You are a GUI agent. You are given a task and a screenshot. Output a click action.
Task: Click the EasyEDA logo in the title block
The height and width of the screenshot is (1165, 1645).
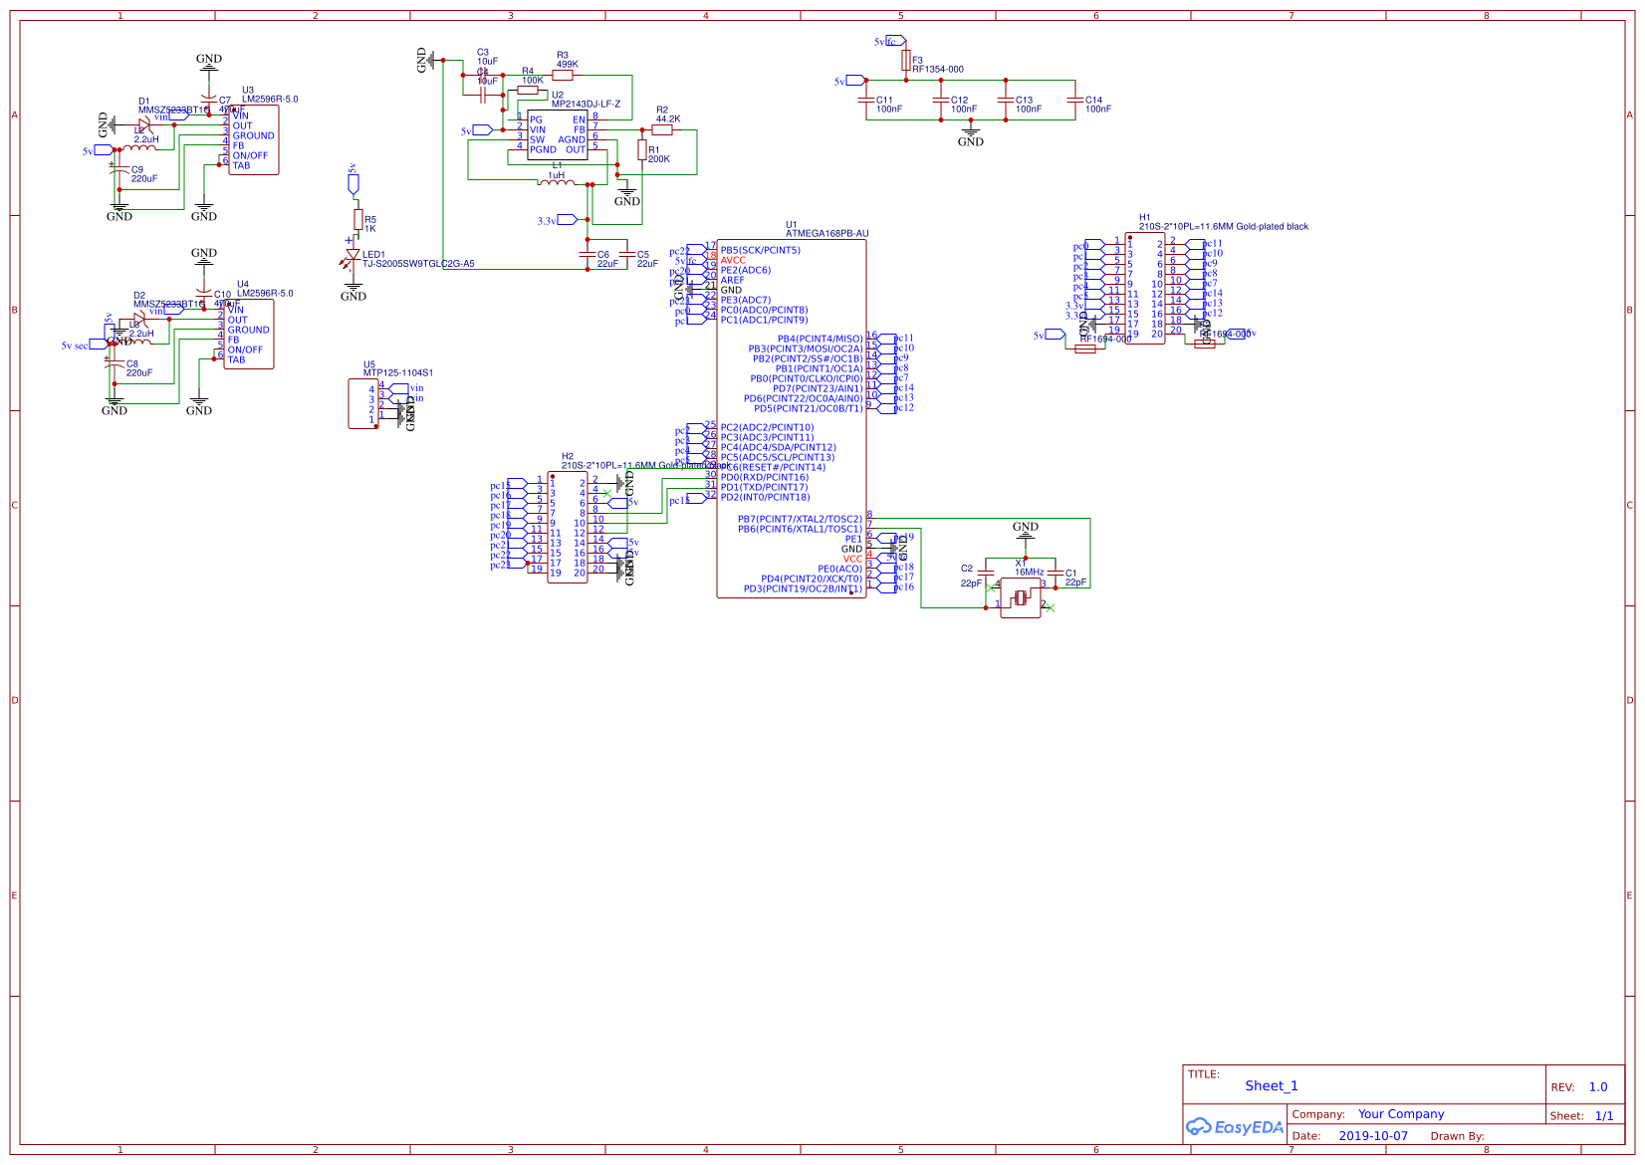tap(1234, 1127)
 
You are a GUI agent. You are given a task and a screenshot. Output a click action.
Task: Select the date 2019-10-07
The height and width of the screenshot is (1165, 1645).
tap(1373, 1136)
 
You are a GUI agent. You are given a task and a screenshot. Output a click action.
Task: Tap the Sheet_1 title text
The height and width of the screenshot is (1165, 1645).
tap(1272, 1086)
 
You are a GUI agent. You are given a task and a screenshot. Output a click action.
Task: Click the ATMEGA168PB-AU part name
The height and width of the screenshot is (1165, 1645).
tap(826, 234)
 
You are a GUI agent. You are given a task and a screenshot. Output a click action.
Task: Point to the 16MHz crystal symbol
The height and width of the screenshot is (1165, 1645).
tap(1020, 598)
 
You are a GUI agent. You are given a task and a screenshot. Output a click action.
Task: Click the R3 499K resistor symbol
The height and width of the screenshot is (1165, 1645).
tap(563, 75)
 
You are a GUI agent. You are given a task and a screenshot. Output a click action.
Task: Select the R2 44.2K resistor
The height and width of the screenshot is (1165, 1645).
tap(662, 129)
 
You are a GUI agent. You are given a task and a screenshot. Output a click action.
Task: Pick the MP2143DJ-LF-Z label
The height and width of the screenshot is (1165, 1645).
tap(586, 105)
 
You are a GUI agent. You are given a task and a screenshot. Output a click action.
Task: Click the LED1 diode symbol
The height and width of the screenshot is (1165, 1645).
tap(352, 258)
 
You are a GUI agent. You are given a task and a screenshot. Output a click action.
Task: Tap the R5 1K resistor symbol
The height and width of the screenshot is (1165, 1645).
tap(357, 219)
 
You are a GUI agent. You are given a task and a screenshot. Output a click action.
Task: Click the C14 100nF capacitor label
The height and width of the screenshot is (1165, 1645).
tap(1096, 105)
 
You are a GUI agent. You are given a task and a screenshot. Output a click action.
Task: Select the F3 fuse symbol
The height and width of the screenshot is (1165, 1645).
tap(905, 61)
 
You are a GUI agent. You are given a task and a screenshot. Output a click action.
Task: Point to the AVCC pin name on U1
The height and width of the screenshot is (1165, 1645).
tap(733, 260)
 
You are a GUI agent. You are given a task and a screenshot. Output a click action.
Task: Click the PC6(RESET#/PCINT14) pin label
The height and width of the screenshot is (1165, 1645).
tap(774, 467)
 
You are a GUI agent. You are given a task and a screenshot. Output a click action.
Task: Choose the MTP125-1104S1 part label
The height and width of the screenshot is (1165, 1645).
tap(398, 373)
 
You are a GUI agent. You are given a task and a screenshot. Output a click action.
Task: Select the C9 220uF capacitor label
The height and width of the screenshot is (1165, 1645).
tap(143, 174)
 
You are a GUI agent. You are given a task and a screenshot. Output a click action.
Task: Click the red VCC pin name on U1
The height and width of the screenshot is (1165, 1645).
tap(852, 559)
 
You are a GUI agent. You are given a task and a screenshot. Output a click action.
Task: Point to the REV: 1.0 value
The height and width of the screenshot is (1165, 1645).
tap(1597, 1087)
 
